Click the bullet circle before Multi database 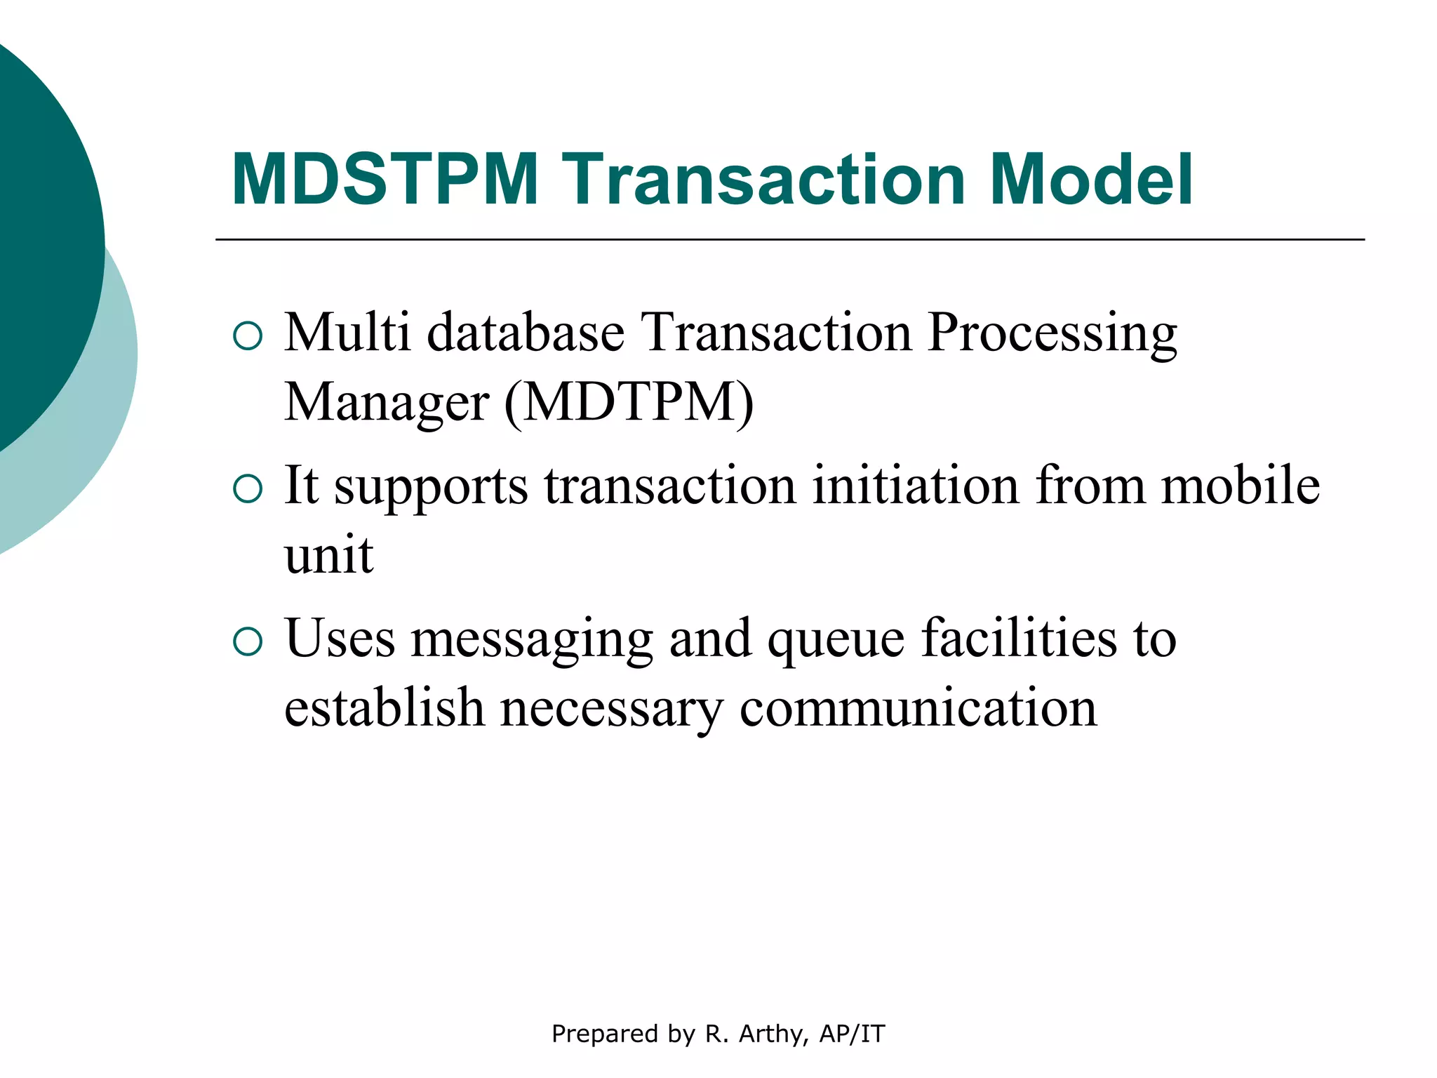click(247, 336)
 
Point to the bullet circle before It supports click(247, 489)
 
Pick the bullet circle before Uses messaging click(247, 641)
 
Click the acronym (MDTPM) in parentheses click(629, 403)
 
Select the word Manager click(387, 403)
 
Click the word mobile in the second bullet click(1240, 486)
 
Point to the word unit click(328, 555)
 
